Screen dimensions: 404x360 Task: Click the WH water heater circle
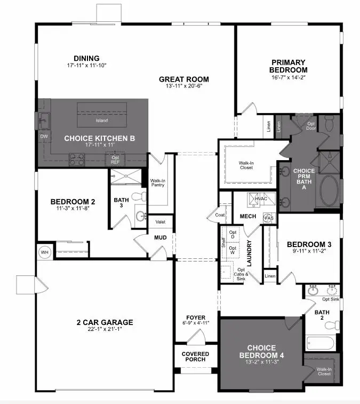click(x=44, y=252)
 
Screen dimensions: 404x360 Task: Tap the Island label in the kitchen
click(x=101, y=121)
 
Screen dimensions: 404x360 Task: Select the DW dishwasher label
click(x=43, y=137)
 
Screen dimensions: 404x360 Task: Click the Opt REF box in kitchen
click(x=115, y=158)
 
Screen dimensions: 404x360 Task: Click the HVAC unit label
click(x=261, y=199)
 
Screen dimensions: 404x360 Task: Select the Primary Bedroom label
click(x=288, y=66)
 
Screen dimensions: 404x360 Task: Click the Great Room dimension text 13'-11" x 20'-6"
click(x=181, y=85)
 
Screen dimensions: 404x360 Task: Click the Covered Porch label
click(x=195, y=357)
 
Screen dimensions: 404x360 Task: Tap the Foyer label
click(x=195, y=318)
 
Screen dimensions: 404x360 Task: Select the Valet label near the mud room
click(x=160, y=221)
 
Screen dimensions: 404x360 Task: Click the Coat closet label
click(x=220, y=215)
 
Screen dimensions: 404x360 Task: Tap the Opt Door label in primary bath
click(x=311, y=126)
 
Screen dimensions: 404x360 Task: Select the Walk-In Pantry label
click(x=158, y=184)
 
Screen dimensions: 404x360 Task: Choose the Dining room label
click(x=86, y=59)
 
